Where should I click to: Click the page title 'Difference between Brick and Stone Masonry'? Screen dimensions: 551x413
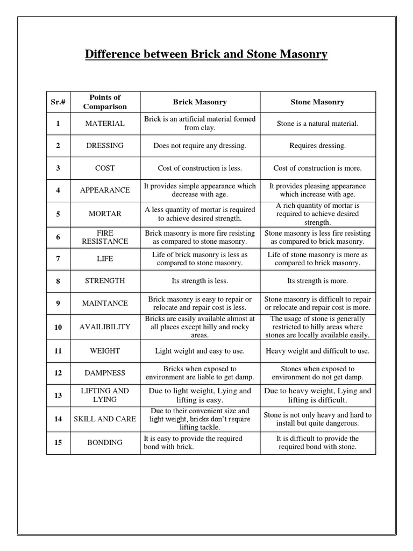206,55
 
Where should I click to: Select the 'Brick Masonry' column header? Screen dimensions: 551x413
200,102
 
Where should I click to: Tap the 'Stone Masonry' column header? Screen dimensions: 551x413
317,102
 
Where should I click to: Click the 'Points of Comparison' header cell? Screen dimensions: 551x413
105,102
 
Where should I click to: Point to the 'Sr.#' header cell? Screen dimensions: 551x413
58,102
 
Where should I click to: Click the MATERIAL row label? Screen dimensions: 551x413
105,124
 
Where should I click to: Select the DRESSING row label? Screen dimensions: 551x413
105,146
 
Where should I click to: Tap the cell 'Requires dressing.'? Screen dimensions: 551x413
317,146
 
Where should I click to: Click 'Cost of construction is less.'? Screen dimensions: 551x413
200,168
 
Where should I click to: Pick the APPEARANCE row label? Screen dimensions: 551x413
105,190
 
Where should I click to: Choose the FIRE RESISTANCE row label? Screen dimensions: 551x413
105,237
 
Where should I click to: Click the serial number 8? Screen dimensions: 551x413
58,281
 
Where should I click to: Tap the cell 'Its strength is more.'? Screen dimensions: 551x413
317,281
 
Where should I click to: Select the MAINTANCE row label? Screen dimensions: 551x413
105,303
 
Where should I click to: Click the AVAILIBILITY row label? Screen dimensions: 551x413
105,327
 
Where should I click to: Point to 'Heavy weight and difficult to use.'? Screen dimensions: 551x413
317,351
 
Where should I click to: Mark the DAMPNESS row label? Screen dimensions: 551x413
105,373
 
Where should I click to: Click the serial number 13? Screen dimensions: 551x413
58,395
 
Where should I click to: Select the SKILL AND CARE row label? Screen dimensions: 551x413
105,419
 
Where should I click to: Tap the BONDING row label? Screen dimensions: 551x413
105,443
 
